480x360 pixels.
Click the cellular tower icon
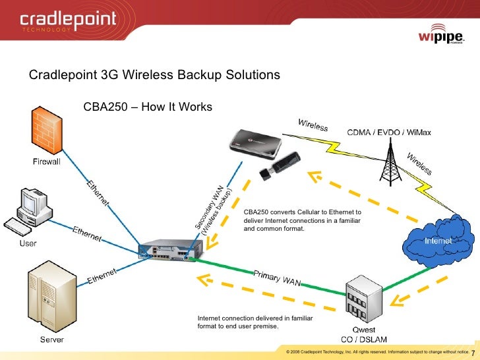click(388, 162)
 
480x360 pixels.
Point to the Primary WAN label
click(278, 278)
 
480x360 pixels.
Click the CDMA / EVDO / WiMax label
click(389, 133)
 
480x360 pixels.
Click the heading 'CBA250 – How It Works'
click(148, 107)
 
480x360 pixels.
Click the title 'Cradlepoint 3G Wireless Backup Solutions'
click(154, 75)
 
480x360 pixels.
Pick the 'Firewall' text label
click(47, 162)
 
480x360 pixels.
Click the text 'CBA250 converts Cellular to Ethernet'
click(302, 212)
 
